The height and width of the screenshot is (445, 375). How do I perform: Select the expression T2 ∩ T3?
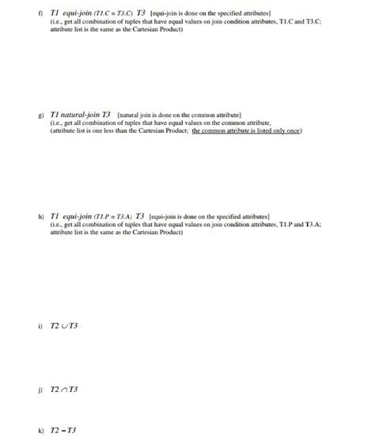coord(64,389)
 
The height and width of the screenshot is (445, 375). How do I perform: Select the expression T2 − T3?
coord(63,430)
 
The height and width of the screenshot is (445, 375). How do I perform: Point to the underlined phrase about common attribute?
coord(247,130)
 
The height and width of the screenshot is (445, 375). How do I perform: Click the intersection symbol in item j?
coord(64,389)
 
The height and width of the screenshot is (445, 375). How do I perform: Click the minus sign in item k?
coord(63,430)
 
